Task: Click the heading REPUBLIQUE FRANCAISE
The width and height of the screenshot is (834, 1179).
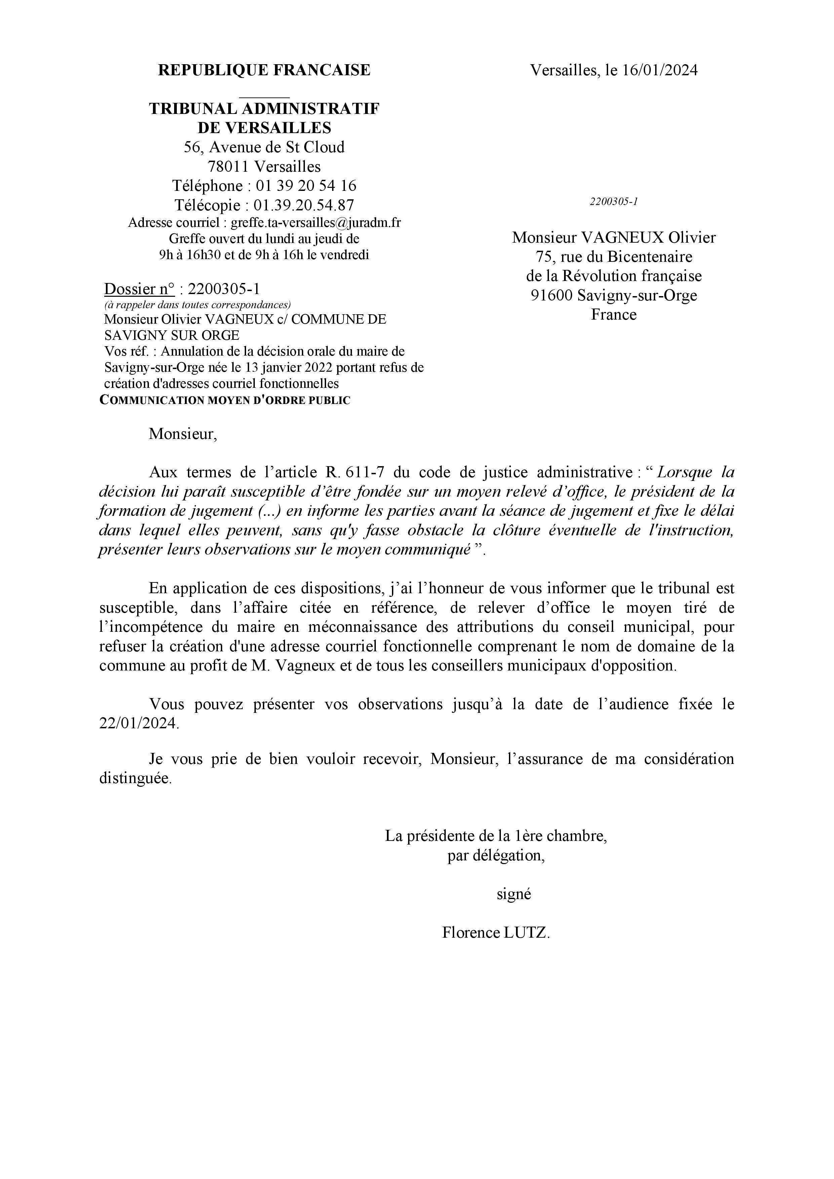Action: point(264,70)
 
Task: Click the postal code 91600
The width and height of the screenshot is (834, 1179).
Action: point(552,295)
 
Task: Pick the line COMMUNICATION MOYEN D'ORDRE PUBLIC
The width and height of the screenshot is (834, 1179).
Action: point(225,401)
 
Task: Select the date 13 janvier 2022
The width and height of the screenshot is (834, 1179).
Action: point(290,368)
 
